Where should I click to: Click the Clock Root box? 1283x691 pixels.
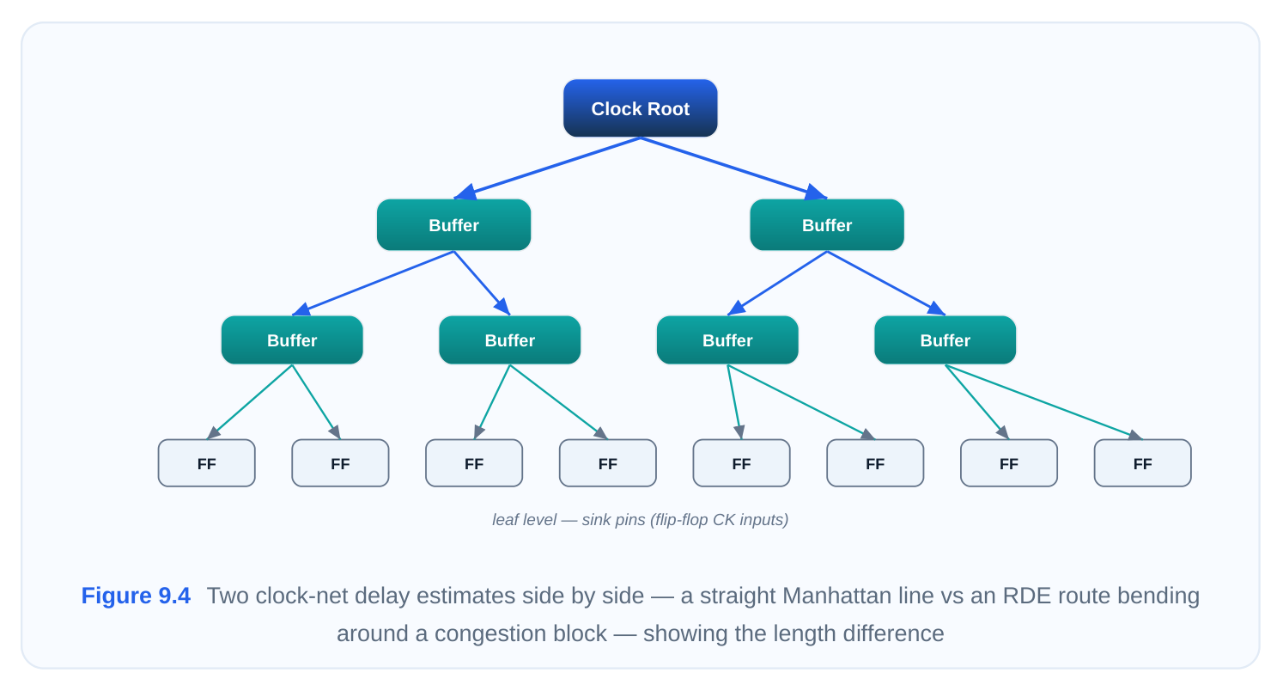[641, 108]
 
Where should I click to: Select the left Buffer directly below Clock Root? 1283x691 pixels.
[453, 225]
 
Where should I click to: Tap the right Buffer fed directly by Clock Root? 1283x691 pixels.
[827, 225]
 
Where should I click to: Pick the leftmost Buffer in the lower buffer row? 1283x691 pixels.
[292, 340]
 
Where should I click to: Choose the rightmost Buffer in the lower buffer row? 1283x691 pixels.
[945, 340]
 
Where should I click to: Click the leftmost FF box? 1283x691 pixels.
[207, 463]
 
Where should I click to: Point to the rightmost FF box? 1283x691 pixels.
[1143, 463]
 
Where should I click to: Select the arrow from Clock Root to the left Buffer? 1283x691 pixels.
[547, 168]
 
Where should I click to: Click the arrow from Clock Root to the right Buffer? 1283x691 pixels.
[733, 168]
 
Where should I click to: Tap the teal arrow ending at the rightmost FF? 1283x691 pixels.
[1043, 402]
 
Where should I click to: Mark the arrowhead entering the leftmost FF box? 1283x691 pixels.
[213, 433]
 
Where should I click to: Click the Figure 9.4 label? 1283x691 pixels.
[136, 596]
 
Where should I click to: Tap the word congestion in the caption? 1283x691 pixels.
[520, 633]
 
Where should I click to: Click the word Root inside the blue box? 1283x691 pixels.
[668, 108]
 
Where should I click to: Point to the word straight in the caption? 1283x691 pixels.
[735, 596]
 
